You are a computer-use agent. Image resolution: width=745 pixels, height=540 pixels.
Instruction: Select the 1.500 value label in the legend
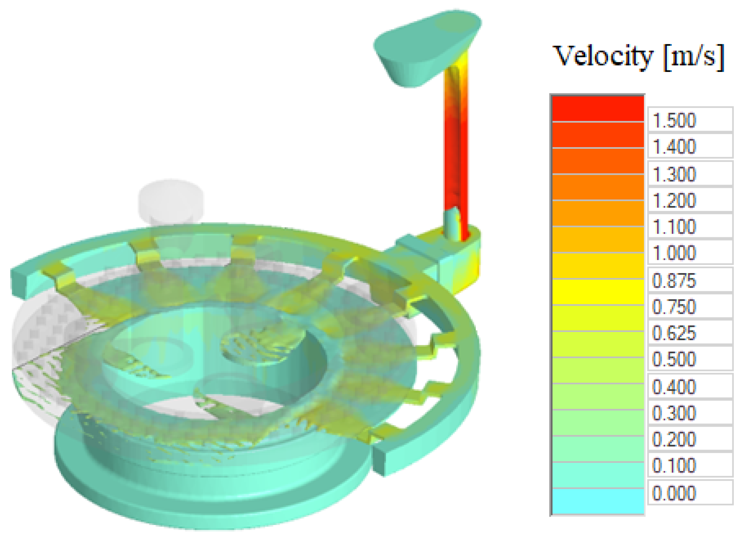[674, 120]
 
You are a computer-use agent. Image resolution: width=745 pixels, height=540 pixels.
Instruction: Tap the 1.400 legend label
[674, 146]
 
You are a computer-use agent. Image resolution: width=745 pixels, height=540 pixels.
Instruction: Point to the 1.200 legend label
[674, 201]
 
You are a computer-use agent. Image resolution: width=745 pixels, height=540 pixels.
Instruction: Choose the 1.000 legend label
[674, 253]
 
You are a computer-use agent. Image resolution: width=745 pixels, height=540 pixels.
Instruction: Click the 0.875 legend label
[674, 281]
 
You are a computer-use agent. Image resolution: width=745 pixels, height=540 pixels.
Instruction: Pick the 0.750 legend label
[674, 307]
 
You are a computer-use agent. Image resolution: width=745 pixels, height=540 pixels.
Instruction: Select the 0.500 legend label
[674, 359]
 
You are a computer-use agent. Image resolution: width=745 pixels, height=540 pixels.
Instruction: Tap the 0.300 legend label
[674, 413]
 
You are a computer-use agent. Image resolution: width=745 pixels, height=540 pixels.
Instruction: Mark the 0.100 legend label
[674, 466]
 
